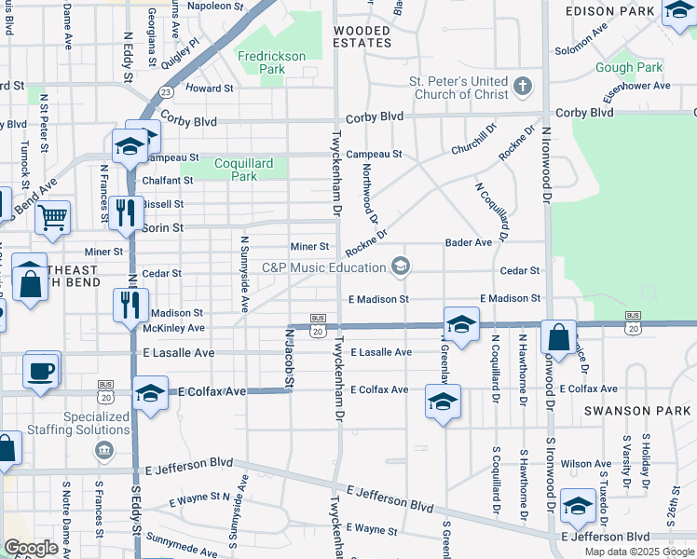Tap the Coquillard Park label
click(243, 170)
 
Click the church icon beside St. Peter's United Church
click(523, 88)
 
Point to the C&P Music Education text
click(323, 268)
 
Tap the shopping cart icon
click(53, 217)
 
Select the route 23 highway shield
click(165, 91)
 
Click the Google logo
click(32, 548)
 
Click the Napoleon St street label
click(216, 5)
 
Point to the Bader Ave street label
click(468, 242)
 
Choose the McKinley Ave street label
click(174, 328)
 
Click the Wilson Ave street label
click(585, 463)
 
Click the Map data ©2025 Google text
click(637, 552)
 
